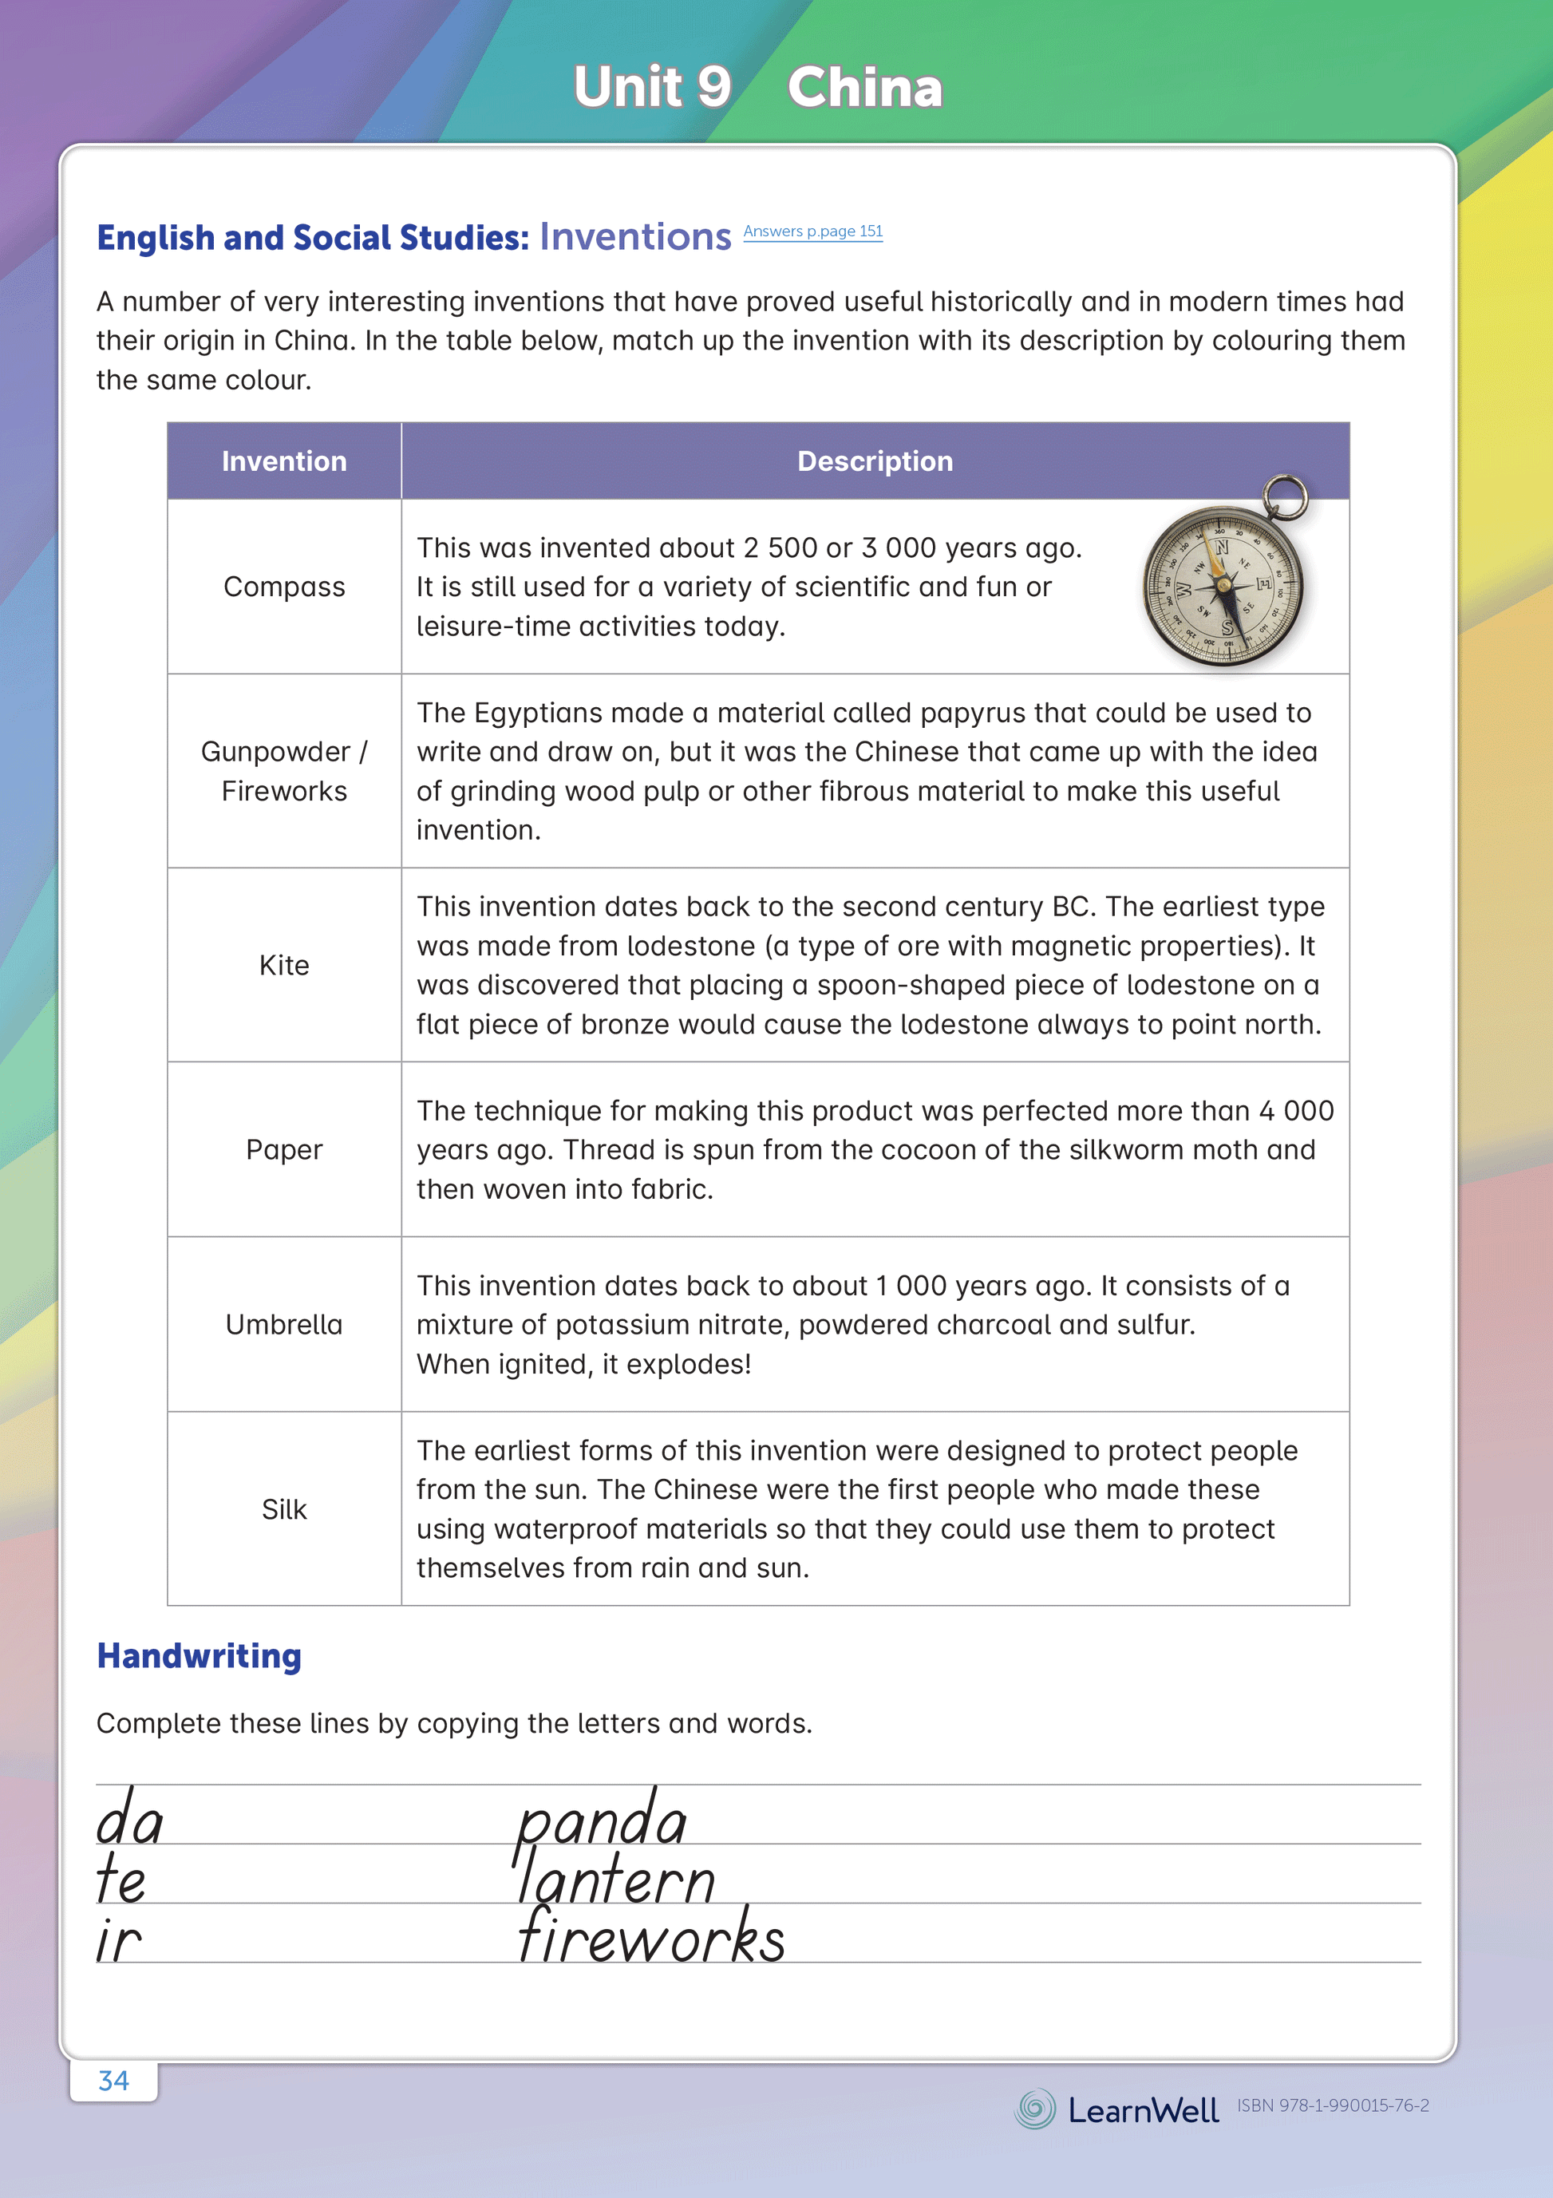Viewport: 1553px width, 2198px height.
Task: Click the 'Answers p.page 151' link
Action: click(x=813, y=231)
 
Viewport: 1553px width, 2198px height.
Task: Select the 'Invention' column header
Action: click(x=284, y=461)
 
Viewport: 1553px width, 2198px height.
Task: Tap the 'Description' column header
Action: click(x=875, y=461)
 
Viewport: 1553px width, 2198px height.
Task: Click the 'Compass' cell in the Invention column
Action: click(x=284, y=587)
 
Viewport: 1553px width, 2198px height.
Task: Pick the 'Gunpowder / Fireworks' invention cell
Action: click(x=284, y=772)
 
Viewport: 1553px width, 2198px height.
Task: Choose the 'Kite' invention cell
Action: click(x=284, y=965)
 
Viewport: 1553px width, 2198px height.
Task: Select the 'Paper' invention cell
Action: click(x=284, y=1150)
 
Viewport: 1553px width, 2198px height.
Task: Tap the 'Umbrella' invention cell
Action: click(x=284, y=1325)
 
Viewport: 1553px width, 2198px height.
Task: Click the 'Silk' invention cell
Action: click(x=284, y=1510)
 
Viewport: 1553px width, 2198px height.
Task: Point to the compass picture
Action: click(x=1223, y=586)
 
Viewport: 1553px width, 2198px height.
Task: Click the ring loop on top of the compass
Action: click(x=1285, y=496)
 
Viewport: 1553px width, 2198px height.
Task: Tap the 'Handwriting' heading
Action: click(x=200, y=1656)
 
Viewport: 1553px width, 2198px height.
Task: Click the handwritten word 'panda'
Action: click(x=601, y=1819)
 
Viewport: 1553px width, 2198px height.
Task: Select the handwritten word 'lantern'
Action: click(x=614, y=1878)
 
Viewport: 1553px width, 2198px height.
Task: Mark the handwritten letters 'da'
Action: click(x=130, y=1819)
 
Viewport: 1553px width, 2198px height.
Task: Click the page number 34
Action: click(x=114, y=2080)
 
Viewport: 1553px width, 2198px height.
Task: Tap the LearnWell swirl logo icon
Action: click(x=1035, y=2109)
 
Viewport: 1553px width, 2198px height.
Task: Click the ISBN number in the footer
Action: click(x=1333, y=2105)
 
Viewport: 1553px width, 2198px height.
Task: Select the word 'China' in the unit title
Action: click(x=864, y=87)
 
